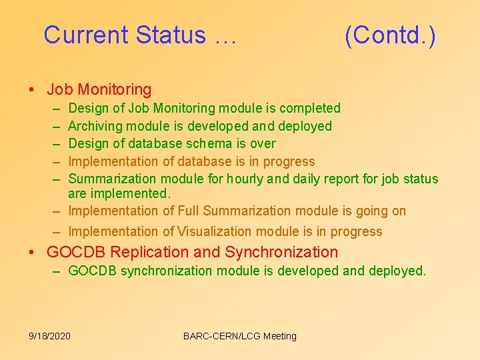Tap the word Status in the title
click(170, 35)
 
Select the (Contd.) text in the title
click(390, 35)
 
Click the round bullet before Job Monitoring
click(31, 90)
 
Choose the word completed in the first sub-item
click(310, 108)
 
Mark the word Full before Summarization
click(189, 211)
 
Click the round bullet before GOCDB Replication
click(31, 253)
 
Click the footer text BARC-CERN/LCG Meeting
click(239, 336)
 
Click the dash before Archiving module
click(55, 126)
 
